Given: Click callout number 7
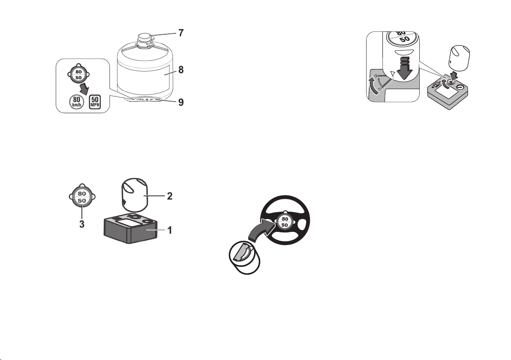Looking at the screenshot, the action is click(x=181, y=33).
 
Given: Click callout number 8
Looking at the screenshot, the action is click(x=181, y=70).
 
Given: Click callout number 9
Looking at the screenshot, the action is click(x=181, y=102).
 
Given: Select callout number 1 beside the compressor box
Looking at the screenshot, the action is click(x=169, y=230).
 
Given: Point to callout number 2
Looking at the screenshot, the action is click(x=169, y=196).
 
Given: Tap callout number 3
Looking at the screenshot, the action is click(x=82, y=224).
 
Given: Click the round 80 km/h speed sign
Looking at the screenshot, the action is click(x=76, y=101).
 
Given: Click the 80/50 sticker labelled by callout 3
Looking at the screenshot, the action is click(x=82, y=197).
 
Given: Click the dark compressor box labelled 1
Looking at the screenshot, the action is click(x=131, y=228).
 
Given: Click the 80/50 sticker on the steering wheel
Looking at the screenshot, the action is click(x=285, y=222).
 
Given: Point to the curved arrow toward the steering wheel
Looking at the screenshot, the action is click(x=260, y=229).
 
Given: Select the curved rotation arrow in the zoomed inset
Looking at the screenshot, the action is click(x=373, y=85).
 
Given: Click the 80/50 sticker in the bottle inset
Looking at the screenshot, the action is click(x=78, y=75).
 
